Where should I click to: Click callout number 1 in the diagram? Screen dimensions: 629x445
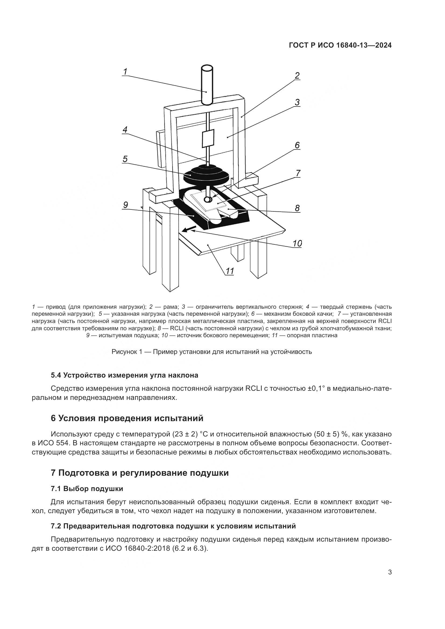(x=125, y=72)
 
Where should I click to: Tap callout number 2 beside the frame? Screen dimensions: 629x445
(x=297, y=76)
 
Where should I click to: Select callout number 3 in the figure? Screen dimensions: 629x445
(x=297, y=102)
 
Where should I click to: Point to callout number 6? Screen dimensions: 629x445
(x=297, y=145)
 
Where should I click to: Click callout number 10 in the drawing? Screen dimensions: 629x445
(x=297, y=243)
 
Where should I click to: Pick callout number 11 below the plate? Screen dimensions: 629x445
(x=229, y=271)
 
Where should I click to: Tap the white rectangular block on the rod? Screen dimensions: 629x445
(x=208, y=139)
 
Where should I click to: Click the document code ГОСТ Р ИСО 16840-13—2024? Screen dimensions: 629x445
(x=340, y=45)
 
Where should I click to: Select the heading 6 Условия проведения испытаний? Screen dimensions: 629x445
(x=127, y=418)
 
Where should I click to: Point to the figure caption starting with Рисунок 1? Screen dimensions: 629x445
(x=211, y=352)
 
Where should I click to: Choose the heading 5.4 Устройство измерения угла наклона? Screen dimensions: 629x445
(x=124, y=375)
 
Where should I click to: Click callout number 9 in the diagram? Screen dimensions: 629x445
(x=125, y=205)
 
